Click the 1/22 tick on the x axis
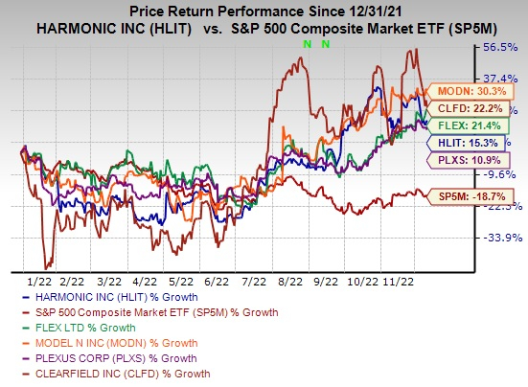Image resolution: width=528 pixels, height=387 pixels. pyautogui.click(x=39, y=283)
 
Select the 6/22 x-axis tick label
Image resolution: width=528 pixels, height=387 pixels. pyautogui.click(x=217, y=283)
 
